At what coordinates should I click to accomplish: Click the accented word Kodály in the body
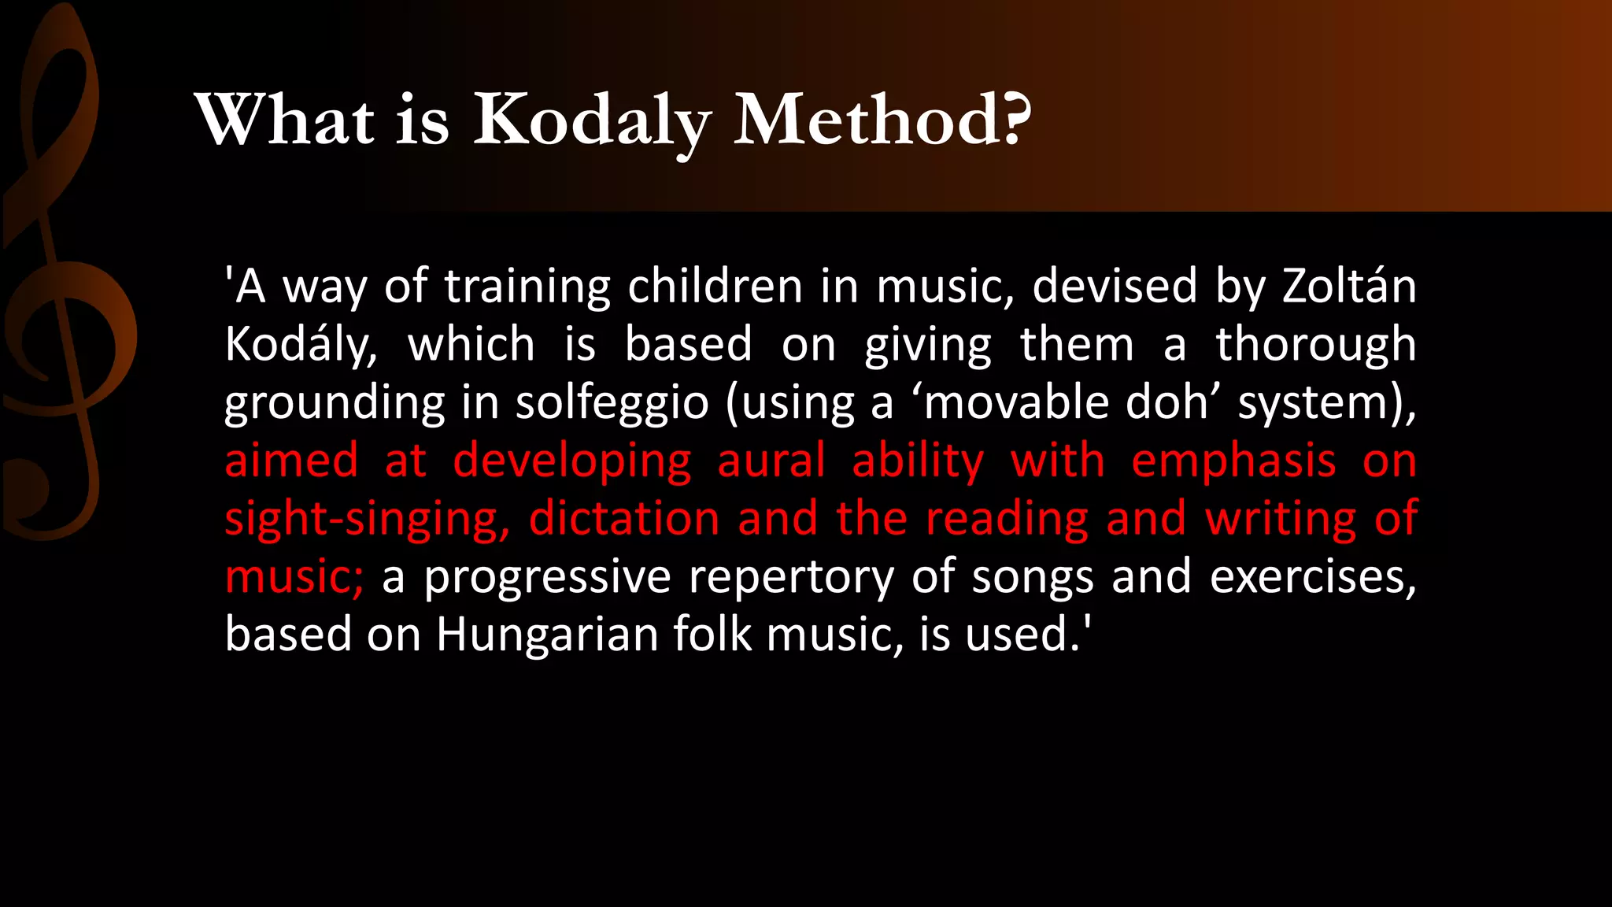click(x=300, y=345)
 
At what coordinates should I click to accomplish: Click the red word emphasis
click(x=1233, y=461)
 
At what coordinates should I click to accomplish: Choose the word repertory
click(x=791, y=578)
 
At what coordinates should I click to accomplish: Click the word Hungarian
click(x=546, y=635)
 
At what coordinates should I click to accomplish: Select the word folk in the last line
click(x=711, y=635)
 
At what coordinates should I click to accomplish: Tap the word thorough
click(x=1315, y=345)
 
